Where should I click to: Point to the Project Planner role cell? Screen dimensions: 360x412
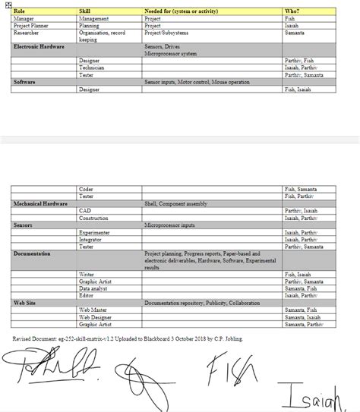tap(31, 25)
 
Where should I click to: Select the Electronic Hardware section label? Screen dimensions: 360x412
tap(38, 46)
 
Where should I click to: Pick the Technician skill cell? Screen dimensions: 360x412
tap(92, 68)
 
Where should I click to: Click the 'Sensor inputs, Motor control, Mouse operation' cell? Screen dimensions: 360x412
tap(197, 82)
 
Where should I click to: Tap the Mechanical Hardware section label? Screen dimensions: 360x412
tap(40, 204)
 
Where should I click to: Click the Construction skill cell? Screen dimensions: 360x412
tap(94, 218)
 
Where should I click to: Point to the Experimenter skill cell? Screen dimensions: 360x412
tap(95, 232)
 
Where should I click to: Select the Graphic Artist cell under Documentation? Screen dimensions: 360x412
tap(95, 281)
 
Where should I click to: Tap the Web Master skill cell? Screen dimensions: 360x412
tap(93, 310)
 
